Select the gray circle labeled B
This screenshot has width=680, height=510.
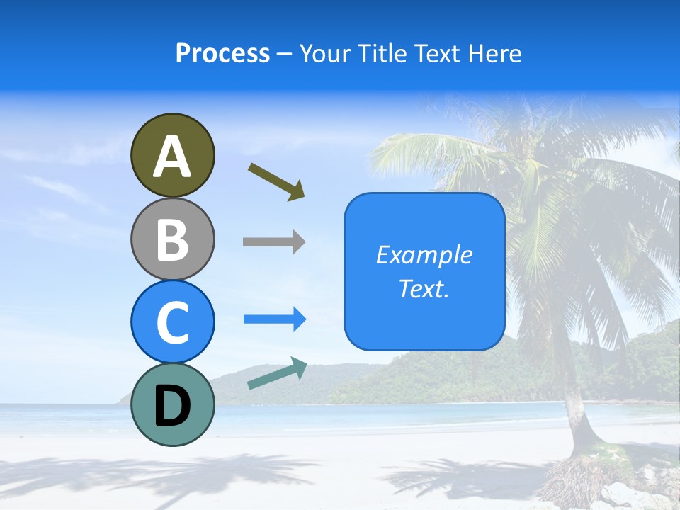(x=172, y=239)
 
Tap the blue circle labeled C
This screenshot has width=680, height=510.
(x=172, y=322)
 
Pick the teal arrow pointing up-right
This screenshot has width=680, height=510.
(x=277, y=375)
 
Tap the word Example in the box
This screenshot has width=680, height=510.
(x=424, y=255)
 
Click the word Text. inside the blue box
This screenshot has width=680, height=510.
(x=424, y=289)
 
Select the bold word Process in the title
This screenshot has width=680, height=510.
(x=222, y=53)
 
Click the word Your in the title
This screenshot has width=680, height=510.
(x=324, y=53)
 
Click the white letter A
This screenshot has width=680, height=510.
(x=172, y=156)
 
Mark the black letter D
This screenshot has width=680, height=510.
(x=172, y=406)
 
